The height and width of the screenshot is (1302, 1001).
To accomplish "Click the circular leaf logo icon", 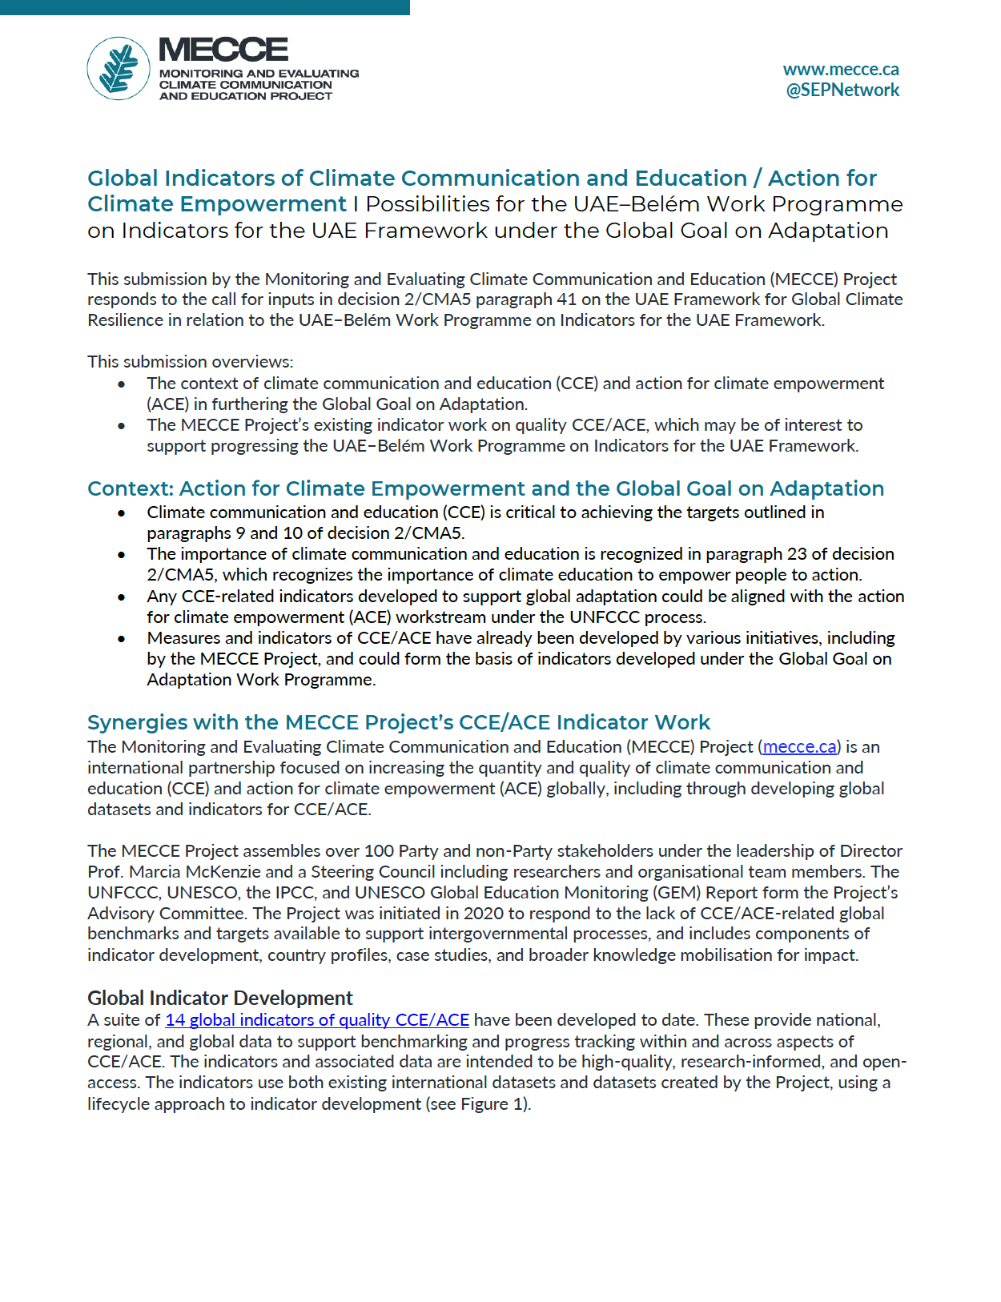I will coord(119,68).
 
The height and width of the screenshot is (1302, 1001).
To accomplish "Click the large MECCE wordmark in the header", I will coord(223,50).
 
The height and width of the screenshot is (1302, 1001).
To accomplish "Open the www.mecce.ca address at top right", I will coord(840,69).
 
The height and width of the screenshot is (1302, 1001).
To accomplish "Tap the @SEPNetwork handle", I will coord(842,90).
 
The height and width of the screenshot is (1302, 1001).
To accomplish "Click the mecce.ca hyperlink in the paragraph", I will coord(799,746).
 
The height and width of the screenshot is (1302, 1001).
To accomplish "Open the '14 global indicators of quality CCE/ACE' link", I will coord(317,1019).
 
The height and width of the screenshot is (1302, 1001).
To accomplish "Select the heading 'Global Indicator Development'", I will coord(219,998).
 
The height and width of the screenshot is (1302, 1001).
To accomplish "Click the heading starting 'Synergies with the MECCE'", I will coord(398,721).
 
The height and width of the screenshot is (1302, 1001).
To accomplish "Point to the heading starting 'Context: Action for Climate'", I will coord(484,488).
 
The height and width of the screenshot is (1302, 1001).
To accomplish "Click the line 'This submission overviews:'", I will coord(190,361).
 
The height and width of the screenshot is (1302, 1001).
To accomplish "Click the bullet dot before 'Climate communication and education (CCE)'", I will coord(122,512).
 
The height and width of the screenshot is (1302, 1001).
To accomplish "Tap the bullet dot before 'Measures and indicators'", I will coord(122,639).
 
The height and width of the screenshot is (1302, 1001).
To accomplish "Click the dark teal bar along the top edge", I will coord(204,7).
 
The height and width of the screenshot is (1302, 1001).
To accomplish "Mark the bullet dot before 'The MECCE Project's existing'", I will coord(122,425).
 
